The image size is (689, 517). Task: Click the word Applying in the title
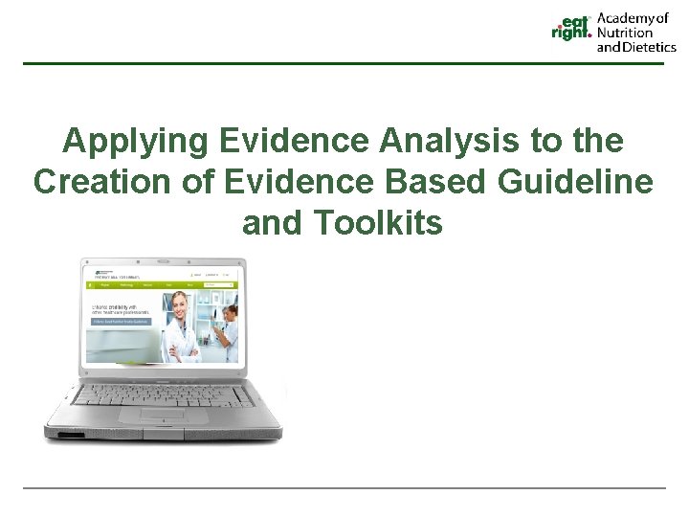point(136,141)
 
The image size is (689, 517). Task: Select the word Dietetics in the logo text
point(651,46)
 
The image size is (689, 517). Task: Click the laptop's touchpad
point(163,415)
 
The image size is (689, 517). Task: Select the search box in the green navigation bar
point(222,284)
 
